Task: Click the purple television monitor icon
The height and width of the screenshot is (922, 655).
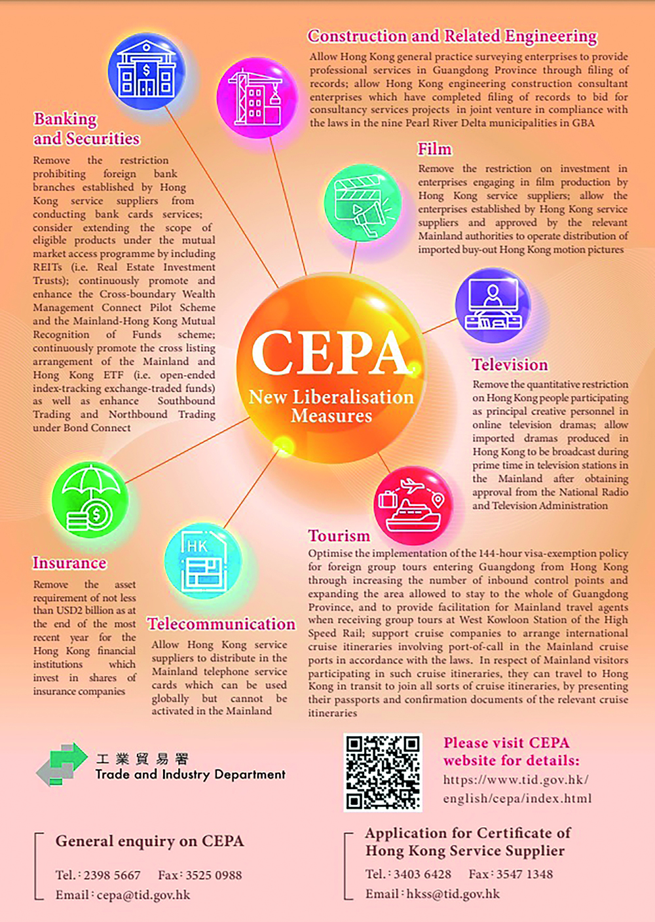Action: [x=493, y=305]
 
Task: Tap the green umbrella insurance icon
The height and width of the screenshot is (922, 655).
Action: [x=90, y=499]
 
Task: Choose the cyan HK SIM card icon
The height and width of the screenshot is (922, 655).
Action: [x=202, y=561]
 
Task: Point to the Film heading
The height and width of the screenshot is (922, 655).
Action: [x=435, y=149]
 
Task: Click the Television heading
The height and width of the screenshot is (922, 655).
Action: [x=510, y=364]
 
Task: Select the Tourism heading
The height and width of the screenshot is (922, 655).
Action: [x=339, y=536]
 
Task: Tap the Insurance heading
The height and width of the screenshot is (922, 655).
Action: [x=69, y=563]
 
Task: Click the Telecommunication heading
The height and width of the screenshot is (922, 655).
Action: [x=221, y=624]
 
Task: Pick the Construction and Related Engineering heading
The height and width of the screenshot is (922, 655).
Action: [x=452, y=36]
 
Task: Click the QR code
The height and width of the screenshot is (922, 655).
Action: [x=383, y=772]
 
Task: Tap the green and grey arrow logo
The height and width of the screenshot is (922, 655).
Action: [x=62, y=764]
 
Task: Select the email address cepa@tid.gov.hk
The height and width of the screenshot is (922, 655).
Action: [x=143, y=895]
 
